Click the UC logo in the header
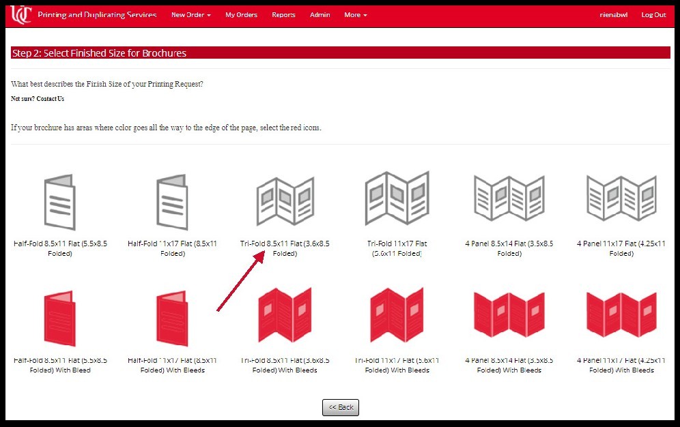tap(21, 14)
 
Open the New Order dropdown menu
tap(190, 15)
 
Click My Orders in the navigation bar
tap(241, 15)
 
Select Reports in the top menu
tap(283, 15)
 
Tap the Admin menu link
tap(320, 15)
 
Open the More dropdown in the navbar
tap(355, 15)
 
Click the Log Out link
tap(653, 15)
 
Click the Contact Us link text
tap(51, 99)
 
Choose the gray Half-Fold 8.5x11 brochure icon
tap(60, 201)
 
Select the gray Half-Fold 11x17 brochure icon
tap(172, 201)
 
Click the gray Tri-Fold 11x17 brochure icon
tap(397, 198)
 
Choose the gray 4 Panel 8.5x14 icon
tap(509, 198)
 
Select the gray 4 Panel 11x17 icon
tap(621, 198)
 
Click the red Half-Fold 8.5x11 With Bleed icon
tap(60, 318)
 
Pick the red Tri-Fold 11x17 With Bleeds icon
tap(397, 316)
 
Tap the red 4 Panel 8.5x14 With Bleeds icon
tap(509, 316)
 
